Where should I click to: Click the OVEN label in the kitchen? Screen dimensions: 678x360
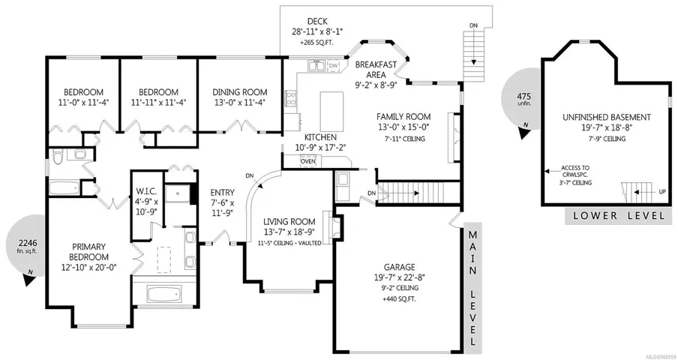(x=308, y=162)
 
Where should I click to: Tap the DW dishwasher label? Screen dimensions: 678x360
(x=334, y=65)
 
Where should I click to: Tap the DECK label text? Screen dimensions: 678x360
(x=317, y=21)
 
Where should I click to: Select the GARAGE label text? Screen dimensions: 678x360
(x=399, y=267)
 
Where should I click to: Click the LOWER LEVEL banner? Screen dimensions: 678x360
(x=619, y=216)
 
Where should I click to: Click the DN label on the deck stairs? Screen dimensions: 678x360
(x=474, y=25)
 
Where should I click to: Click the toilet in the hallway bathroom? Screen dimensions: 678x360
(x=58, y=157)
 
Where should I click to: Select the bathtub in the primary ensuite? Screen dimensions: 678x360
(x=163, y=294)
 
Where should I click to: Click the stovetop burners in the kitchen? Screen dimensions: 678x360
(x=290, y=98)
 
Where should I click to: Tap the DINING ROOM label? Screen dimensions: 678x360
(x=239, y=92)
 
